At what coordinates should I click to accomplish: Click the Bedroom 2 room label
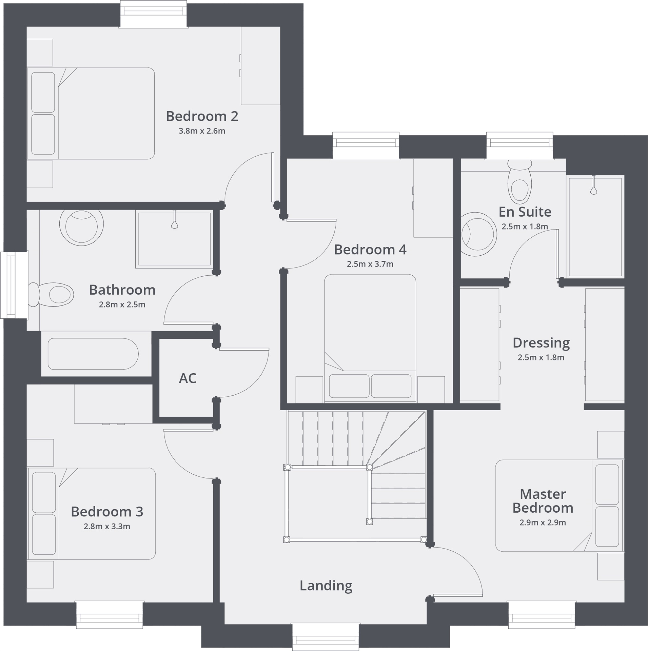[x=202, y=116]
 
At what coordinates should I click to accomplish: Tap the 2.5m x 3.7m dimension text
[x=370, y=264]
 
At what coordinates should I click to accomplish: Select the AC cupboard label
[x=188, y=378]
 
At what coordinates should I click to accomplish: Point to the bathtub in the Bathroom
[x=93, y=354]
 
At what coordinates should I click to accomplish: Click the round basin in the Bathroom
[x=81, y=226]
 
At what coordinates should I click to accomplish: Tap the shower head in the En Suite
[x=593, y=190]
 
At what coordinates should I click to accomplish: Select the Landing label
[x=326, y=586]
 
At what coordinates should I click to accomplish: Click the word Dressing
[x=541, y=343]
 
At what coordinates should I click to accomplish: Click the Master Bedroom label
[x=543, y=501]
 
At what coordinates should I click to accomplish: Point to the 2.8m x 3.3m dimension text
[x=107, y=527]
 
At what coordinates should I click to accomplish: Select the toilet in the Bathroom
[x=54, y=294]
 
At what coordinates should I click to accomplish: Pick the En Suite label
[x=525, y=212]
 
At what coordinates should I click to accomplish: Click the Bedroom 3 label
[x=107, y=512]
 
